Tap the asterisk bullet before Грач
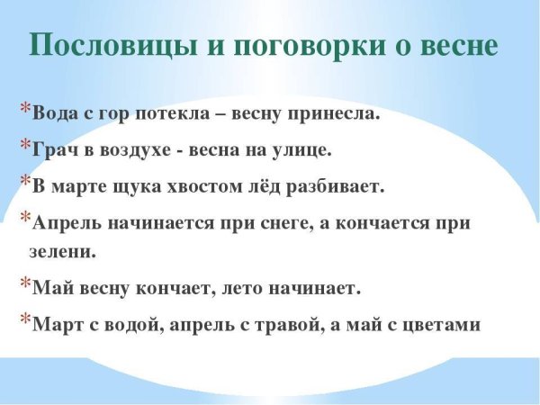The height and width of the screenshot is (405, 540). point(24,145)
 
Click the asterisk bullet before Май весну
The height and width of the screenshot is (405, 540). point(24,283)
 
